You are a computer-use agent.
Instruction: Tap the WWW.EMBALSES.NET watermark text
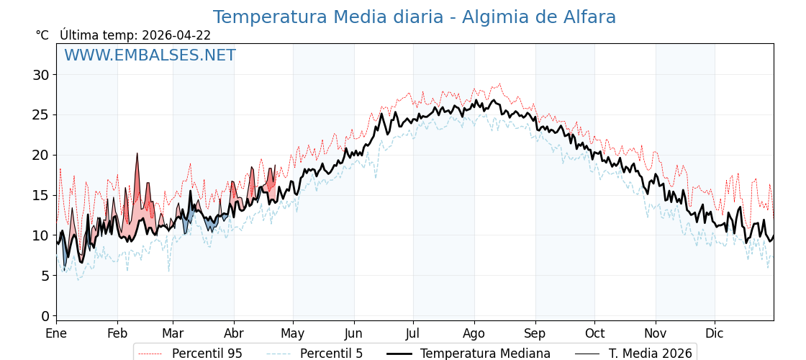(150, 55)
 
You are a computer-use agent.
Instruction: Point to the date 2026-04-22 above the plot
(176, 35)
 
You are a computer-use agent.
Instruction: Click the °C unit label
(42, 35)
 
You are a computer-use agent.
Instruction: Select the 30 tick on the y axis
(40, 75)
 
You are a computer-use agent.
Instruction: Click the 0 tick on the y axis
(45, 316)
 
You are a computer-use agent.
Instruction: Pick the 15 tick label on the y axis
(40, 195)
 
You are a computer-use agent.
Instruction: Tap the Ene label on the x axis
(56, 333)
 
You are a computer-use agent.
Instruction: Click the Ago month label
(474, 333)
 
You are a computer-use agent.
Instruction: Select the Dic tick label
(715, 333)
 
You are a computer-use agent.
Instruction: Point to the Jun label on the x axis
(354, 333)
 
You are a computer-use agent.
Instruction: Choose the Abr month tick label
(234, 333)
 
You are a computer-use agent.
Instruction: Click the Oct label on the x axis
(594, 333)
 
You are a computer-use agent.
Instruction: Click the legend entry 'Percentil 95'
(207, 354)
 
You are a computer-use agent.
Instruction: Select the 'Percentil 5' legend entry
(331, 354)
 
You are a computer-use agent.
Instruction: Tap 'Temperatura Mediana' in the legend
(485, 354)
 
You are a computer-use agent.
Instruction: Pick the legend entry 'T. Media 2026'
(650, 354)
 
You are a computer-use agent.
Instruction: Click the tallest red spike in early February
(137, 156)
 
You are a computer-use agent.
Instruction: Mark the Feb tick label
(117, 333)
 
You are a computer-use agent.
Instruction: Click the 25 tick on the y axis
(40, 114)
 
